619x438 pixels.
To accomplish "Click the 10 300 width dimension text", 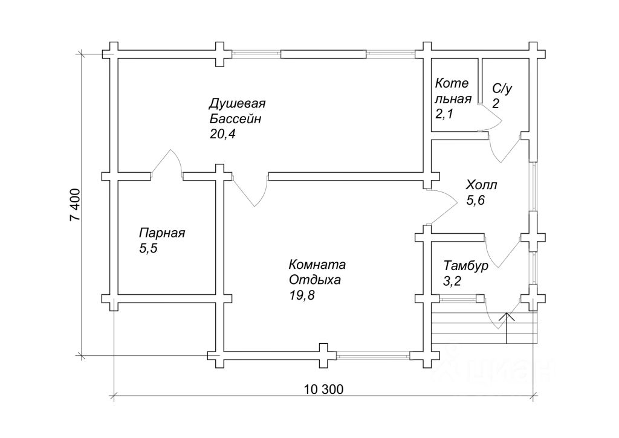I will (324, 390).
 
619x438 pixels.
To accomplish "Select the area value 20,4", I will (222, 134).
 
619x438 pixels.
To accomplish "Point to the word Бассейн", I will (235, 118).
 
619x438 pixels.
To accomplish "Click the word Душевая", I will (238, 103).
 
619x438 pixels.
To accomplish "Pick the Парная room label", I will (162, 233).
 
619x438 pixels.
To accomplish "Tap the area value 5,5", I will (148, 248).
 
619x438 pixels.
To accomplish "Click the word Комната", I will (317, 265).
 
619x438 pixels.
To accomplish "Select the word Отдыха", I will (314, 280).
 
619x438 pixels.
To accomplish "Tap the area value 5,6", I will (476, 201).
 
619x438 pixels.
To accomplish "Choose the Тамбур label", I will (465, 265).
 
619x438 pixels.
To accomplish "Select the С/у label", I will (502, 89).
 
